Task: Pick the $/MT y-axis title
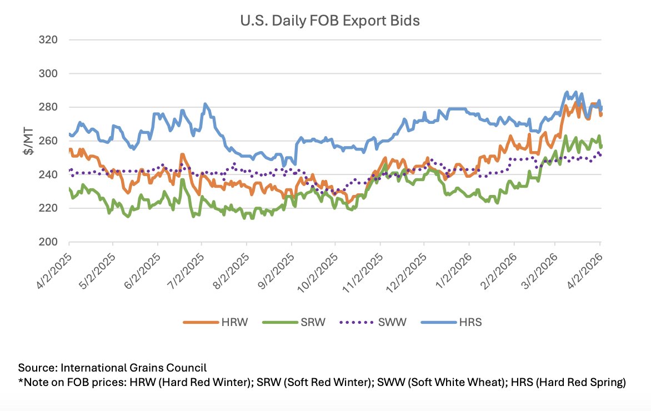click(x=28, y=141)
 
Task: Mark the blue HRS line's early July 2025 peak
click(x=205, y=104)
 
